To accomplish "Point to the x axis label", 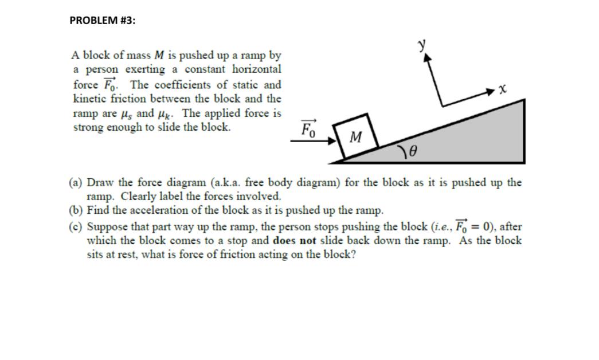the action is click(x=502, y=89).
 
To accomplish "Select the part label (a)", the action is click(x=76, y=183).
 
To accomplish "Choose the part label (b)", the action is click(x=76, y=210).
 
